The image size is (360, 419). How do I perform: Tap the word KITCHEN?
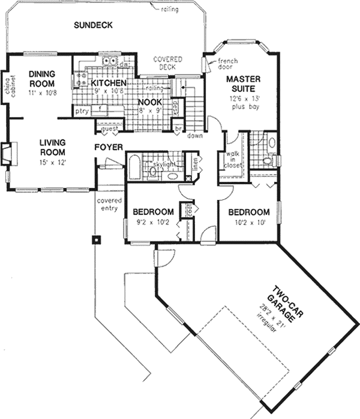click(x=108, y=82)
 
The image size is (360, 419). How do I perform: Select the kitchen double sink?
click(x=109, y=61)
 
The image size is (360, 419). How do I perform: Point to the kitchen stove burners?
click(x=79, y=80)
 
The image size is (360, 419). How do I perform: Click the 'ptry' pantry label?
click(x=80, y=111)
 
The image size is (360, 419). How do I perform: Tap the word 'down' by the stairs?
click(x=194, y=136)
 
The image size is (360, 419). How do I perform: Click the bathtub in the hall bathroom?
click(x=135, y=166)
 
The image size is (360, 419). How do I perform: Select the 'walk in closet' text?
click(x=232, y=161)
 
